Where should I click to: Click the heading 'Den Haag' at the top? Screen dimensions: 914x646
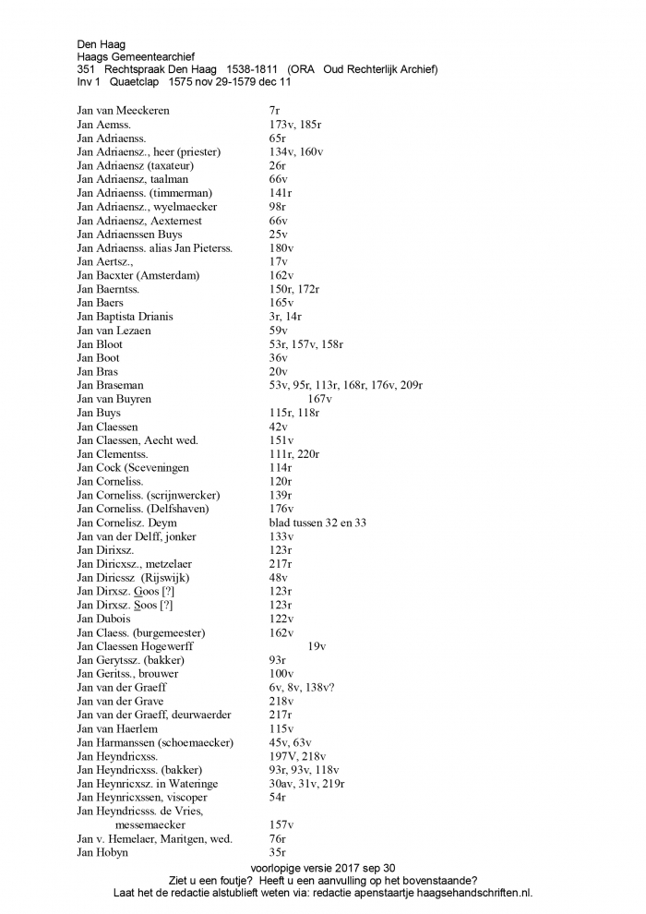click(x=102, y=43)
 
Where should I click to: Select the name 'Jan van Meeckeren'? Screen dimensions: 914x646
click(x=123, y=111)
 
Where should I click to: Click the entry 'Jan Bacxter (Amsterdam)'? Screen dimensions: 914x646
click(x=138, y=275)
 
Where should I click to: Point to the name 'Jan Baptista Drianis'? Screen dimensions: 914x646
click(x=125, y=317)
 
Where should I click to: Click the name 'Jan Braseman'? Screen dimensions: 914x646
click(x=110, y=385)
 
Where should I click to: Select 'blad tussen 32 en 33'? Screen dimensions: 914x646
click(x=311, y=523)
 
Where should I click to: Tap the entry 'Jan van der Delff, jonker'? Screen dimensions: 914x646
click(x=137, y=536)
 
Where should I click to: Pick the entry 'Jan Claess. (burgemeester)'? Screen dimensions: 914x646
click(x=140, y=632)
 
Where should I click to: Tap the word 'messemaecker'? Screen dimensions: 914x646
click(x=150, y=824)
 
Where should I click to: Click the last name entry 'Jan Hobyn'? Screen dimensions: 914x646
click(x=102, y=852)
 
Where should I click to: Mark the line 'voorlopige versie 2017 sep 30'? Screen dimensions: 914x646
click(x=322, y=868)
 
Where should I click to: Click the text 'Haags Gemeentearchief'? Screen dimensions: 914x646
click(x=136, y=56)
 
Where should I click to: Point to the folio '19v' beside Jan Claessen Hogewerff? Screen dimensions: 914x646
click(x=317, y=646)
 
